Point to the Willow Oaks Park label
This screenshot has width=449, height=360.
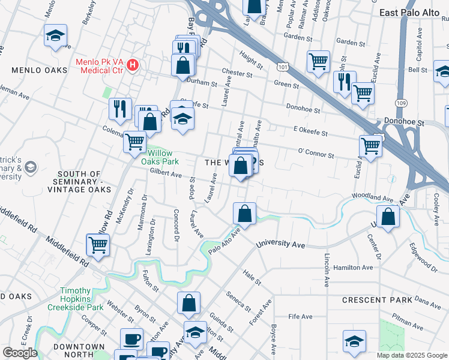[160, 158]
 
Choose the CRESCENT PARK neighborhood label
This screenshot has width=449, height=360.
[377, 300]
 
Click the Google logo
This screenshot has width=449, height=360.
[20, 353]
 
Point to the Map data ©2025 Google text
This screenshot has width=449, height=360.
[412, 355]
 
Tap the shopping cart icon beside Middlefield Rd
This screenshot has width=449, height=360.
[98, 244]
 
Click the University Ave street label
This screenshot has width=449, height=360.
[281, 245]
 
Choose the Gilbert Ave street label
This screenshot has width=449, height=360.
[166, 174]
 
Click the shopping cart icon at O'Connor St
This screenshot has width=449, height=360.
[370, 145]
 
